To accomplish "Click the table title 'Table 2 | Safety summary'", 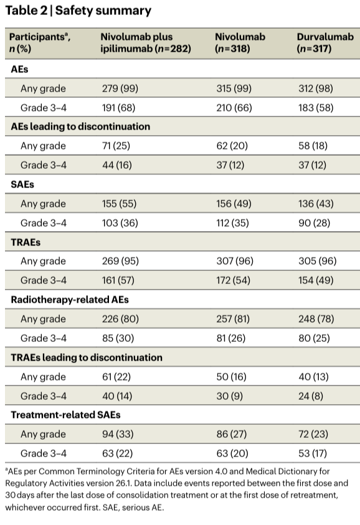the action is click(x=78, y=11).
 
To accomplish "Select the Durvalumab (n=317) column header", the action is click(x=325, y=42).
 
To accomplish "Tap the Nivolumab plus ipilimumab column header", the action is click(x=146, y=42).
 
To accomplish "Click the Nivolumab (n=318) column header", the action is click(x=240, y=42).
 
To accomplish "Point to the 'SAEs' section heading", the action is click(x=22, y=184).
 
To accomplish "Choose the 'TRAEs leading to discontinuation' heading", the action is click(x=87, y=357).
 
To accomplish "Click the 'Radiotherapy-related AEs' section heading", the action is click(x=70, y=300).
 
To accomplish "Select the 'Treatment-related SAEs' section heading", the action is click(x=65, y=415).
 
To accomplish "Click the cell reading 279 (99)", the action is click(x=120, y=88).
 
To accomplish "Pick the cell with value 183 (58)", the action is click(x=316, y=108).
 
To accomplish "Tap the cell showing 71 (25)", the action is click(x=116, y=146).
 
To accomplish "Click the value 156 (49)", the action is click(x=234, y=204).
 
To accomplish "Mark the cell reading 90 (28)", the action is click(x=314, y=223).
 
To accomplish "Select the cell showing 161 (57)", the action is click(x=118, y=280).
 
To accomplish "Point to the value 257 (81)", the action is click(x=233, y=319).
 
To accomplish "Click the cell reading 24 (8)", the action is click(x=311, y=395).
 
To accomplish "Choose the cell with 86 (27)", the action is click(x=232, y=434).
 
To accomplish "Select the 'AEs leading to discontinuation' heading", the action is click(x=80, y=126).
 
